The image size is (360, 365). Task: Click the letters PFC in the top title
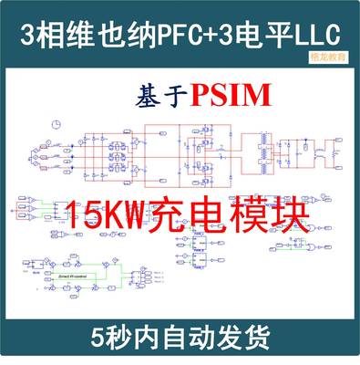pyautogui.click(x=182, y=34)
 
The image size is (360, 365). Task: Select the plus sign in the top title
pyautogui.click(x=217, y=34)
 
